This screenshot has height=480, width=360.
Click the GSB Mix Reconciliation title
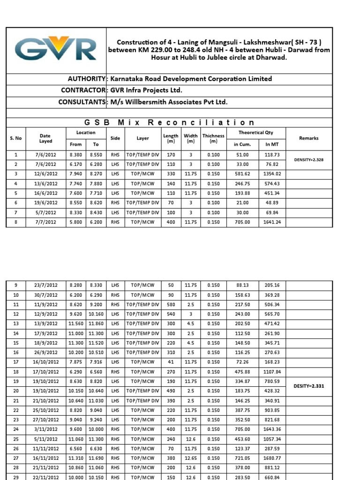tap(183, 122)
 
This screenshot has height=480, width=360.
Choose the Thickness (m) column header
tap(213, 138)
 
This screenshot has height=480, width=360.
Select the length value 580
tap(171, 304)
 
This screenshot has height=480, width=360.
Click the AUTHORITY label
tap(87, 79)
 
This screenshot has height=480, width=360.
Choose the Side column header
tap(115, 138)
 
